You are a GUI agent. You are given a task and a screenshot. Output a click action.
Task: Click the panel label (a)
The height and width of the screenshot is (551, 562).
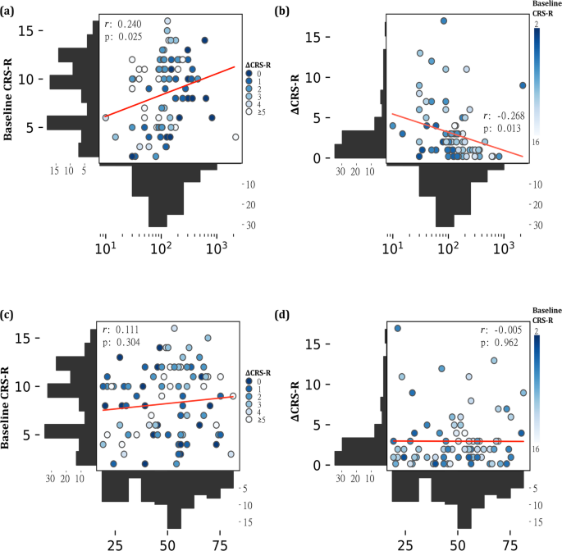point(7,11)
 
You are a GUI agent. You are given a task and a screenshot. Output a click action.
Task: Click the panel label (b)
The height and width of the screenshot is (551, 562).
point(281,11)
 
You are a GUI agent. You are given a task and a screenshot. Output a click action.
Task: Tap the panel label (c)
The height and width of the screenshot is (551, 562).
point(7,315)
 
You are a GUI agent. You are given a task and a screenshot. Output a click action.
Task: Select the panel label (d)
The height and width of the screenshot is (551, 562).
point(281,315)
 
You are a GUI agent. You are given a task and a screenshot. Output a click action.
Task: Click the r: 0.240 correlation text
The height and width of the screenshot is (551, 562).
point(123,24)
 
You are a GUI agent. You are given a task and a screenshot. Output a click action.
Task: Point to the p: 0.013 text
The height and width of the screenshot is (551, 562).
point(502,128)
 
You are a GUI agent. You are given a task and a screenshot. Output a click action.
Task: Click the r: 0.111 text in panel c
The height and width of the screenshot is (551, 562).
point(121,330)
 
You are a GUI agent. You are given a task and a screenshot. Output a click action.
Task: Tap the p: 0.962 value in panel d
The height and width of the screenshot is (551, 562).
point(500,343)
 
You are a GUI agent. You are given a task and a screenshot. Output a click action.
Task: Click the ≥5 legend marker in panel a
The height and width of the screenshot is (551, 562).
point(249,112)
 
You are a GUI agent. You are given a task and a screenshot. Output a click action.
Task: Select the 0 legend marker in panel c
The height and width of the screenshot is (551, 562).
point(249,381)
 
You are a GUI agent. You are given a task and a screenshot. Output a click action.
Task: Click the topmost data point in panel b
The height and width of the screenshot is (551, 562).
point(444,20)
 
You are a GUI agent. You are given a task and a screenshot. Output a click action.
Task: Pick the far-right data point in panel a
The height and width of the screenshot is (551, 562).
point(235,137)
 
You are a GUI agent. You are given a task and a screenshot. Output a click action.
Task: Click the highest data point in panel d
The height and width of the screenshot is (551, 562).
point(397,328)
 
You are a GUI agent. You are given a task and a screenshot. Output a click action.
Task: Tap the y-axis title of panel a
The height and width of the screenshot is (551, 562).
point(8,99)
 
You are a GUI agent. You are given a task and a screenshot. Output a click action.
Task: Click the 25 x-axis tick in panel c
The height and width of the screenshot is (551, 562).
point(115,545)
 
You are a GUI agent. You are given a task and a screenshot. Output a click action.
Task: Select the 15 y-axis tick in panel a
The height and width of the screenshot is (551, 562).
point(25,31)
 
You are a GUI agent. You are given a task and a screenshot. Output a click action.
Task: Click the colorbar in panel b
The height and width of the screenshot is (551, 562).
point(537,81)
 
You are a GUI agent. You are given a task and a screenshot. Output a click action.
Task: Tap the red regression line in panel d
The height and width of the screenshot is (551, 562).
point(459,441)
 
